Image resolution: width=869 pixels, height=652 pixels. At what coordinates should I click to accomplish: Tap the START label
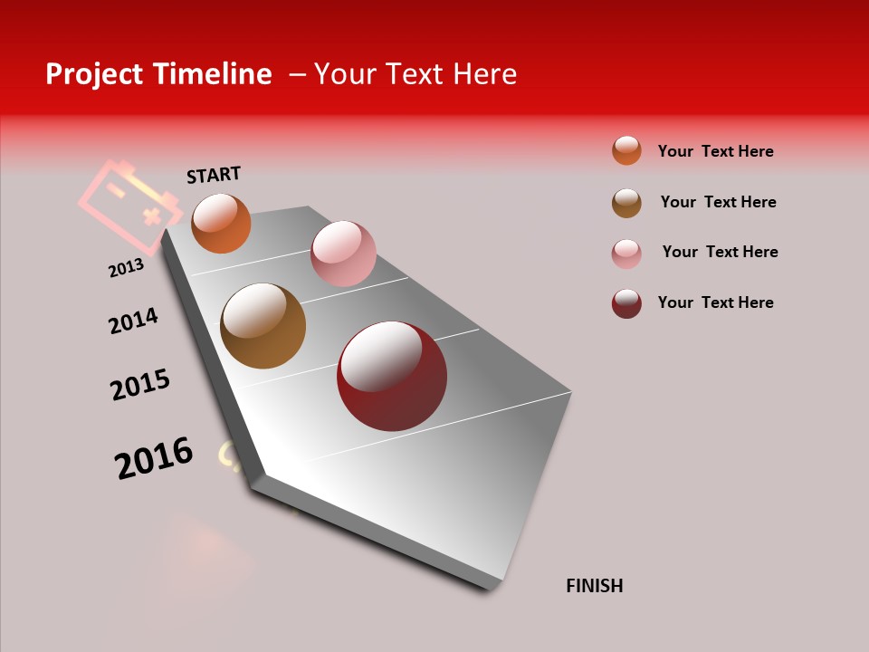tap(214, 175)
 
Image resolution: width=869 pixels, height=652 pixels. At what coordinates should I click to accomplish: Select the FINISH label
tap(594, 586)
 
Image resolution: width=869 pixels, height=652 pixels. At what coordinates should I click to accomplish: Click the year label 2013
tap(126, 268)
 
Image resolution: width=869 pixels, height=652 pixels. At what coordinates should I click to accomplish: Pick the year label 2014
tap(133, 321)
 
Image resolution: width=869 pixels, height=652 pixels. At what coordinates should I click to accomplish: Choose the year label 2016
tap(154, 458)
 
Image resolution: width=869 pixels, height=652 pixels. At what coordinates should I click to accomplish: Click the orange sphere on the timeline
tap(221, 223)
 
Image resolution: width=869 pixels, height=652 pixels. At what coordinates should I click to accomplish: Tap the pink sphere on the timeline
tap(343, 253)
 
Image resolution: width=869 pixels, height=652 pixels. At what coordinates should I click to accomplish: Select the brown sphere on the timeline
tap(263, 326)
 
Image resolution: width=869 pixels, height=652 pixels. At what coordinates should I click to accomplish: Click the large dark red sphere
tap(392, 376)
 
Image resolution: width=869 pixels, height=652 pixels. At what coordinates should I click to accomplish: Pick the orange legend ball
tap(626, 150)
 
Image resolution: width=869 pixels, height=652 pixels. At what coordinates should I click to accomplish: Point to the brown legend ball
tap(626, 203)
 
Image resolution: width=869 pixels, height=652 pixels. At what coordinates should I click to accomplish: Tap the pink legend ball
tap(626, 254)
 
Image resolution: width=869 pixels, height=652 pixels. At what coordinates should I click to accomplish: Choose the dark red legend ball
tap(626, 303)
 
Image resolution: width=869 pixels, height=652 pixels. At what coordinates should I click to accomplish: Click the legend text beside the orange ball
tap(715, 151)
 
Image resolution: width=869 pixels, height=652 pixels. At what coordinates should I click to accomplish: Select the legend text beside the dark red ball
tap(715, 302)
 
